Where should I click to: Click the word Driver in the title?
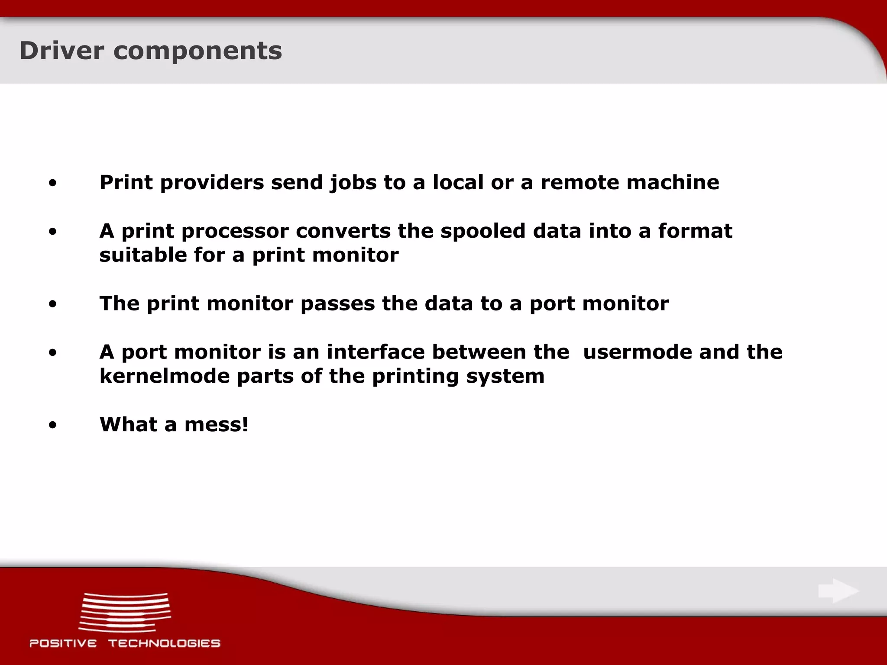pos(62,51)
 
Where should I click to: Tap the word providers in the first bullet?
pos(212,182)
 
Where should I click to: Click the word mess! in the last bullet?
pos(217,424)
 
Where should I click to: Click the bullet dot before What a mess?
pos(52,426)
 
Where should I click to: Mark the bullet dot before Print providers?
pos(52,184)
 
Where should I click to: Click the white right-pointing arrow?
pos(838,591)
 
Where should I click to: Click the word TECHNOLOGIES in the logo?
pos(164,643)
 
